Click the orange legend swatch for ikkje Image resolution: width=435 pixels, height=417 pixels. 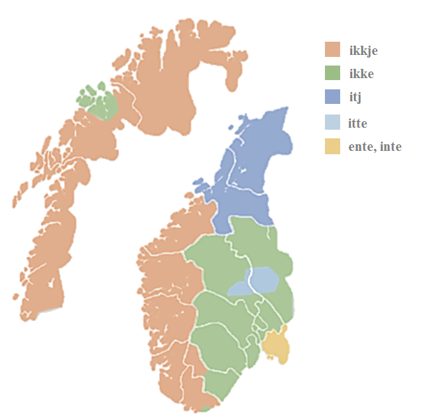332,50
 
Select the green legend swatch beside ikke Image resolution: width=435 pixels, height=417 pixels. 332,73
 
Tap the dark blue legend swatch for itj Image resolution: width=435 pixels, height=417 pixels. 332,97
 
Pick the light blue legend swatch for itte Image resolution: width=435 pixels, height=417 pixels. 332,122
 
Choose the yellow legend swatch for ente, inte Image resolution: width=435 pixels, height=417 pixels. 332,146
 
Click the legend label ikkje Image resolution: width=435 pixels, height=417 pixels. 363,51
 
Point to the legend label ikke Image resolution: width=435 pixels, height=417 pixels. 361,74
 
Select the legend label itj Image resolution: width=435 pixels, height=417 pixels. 355,98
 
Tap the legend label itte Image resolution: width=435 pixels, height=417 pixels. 357,123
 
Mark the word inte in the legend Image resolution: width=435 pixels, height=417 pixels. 391,147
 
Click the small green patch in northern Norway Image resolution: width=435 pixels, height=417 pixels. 99,103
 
